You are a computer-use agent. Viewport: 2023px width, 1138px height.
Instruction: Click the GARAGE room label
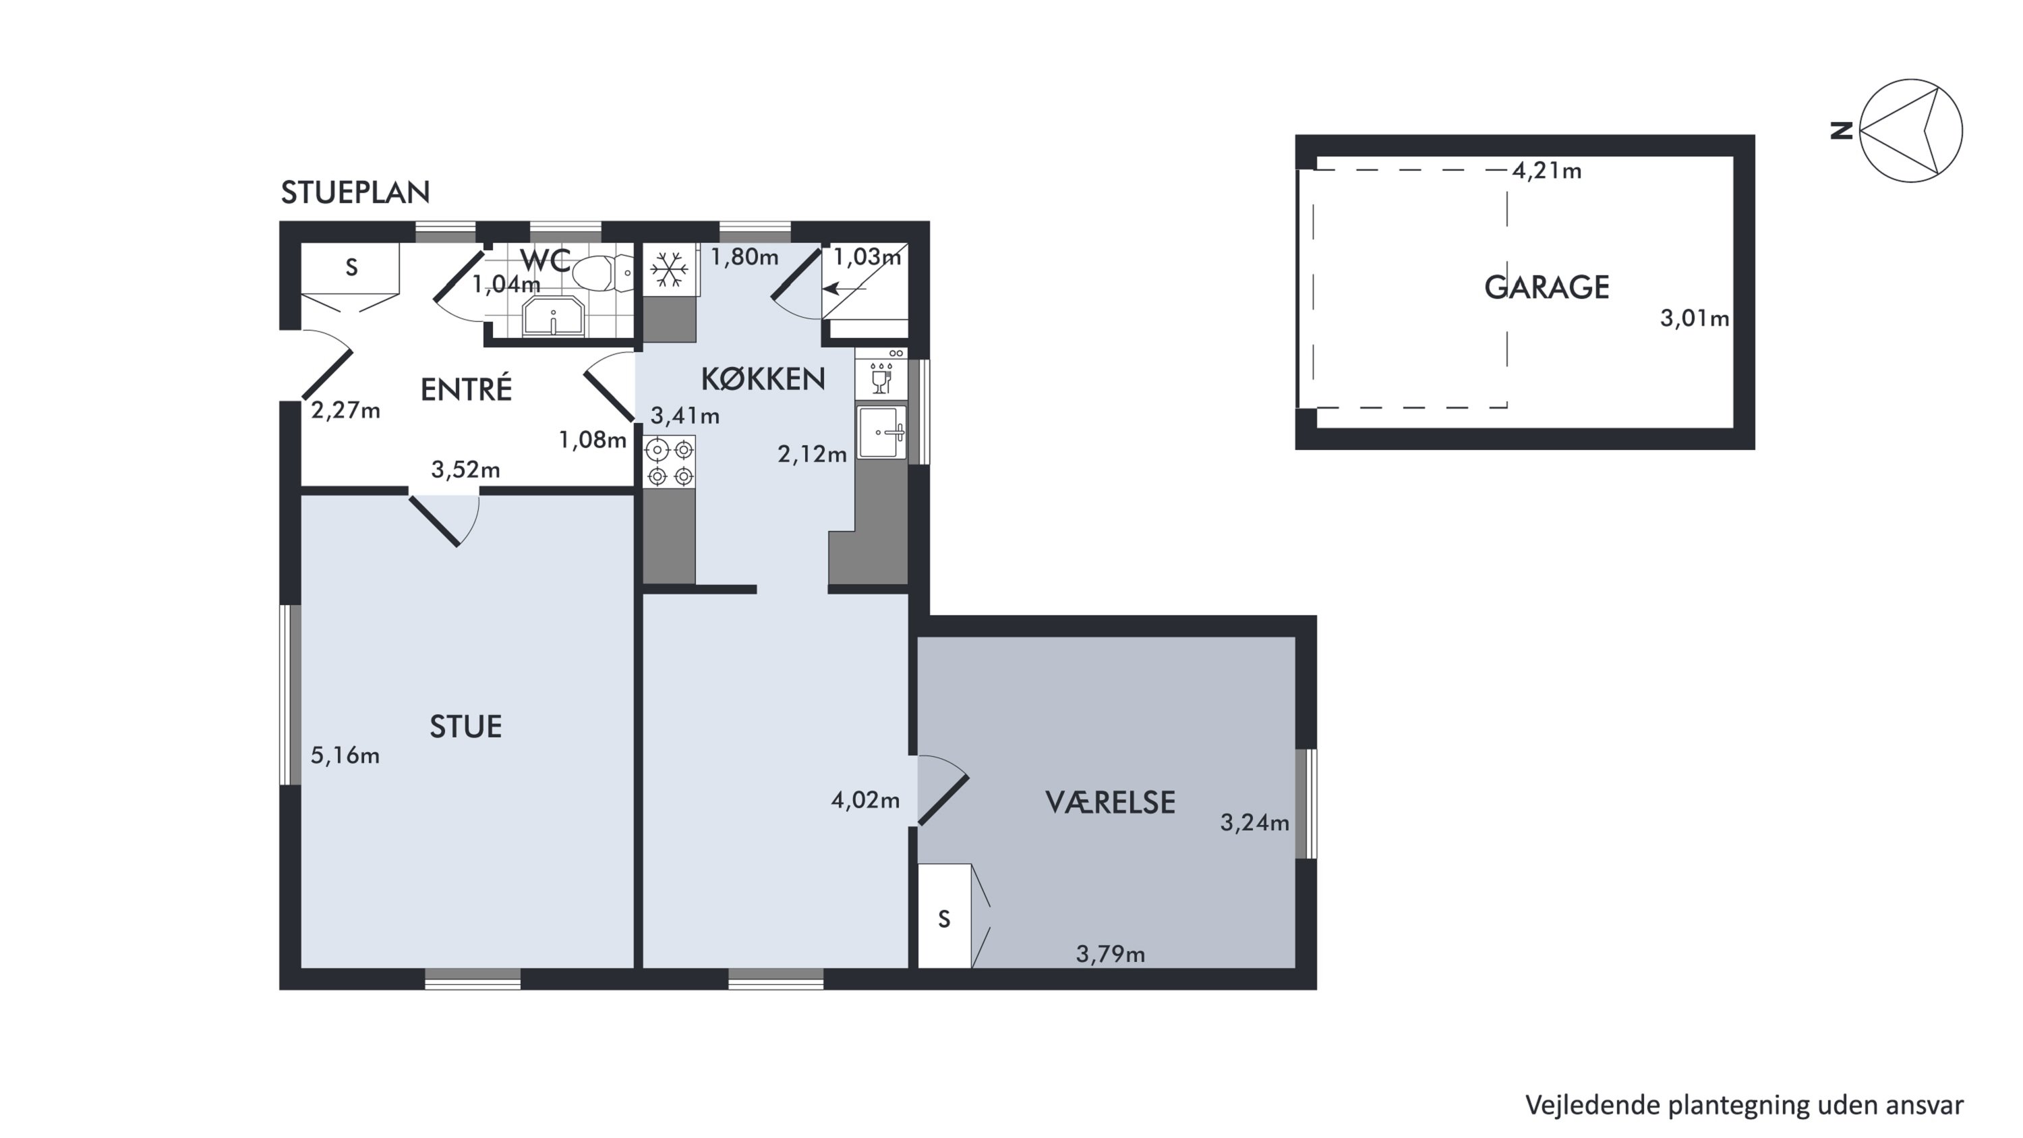click(x=1546, y=287)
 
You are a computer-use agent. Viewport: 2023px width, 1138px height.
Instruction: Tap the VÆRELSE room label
click(x=1111, y=803)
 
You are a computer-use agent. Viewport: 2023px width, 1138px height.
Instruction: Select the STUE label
click(x=466, y=727)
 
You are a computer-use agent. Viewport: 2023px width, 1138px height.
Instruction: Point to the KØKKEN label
click(x=763, y=379)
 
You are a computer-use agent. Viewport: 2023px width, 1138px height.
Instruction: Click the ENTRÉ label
click(x=467, y=389)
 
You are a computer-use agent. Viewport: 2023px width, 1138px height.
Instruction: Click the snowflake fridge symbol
click(x=670, y=269)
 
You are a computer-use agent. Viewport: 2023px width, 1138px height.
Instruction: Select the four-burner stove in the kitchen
click(x=670, y=462)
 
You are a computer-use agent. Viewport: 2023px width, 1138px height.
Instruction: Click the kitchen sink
click(x=882, y=432)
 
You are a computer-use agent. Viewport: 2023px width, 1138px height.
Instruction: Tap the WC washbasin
click(x=554, y=316)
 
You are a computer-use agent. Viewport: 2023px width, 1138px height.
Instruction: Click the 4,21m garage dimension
click(x=1546, y=171)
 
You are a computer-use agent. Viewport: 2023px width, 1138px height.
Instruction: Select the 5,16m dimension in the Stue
click(x=345, y=756)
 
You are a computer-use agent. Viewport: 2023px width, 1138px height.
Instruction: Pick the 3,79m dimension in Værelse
click(x=1111, y=955)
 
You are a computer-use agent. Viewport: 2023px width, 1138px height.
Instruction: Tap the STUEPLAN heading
click(x=356, y=192)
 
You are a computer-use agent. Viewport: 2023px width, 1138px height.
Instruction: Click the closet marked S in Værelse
click(x=945, y=917)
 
